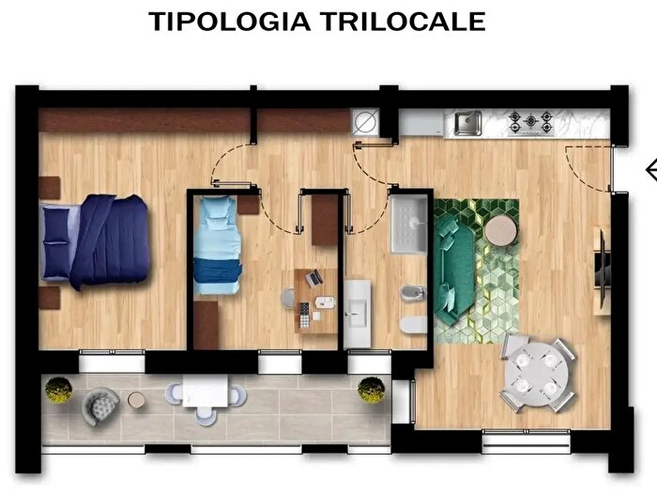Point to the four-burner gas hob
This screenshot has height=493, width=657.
[x=531, y=122]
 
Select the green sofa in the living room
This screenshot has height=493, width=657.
[x=456, y=269]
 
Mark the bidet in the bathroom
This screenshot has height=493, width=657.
[x=411, y=295]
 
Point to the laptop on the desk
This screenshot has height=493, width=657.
[x=314, y=278]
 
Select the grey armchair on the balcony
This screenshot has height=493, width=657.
[x=99, y=405]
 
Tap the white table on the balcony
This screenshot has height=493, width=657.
[x=206, y=392]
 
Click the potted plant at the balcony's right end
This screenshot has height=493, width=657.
[x=371, y=389]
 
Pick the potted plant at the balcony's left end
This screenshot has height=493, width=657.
[x=58, y=390]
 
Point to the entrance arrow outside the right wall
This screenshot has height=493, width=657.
[x=650, y=170]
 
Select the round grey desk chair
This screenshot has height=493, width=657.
[x=289, y=298]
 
